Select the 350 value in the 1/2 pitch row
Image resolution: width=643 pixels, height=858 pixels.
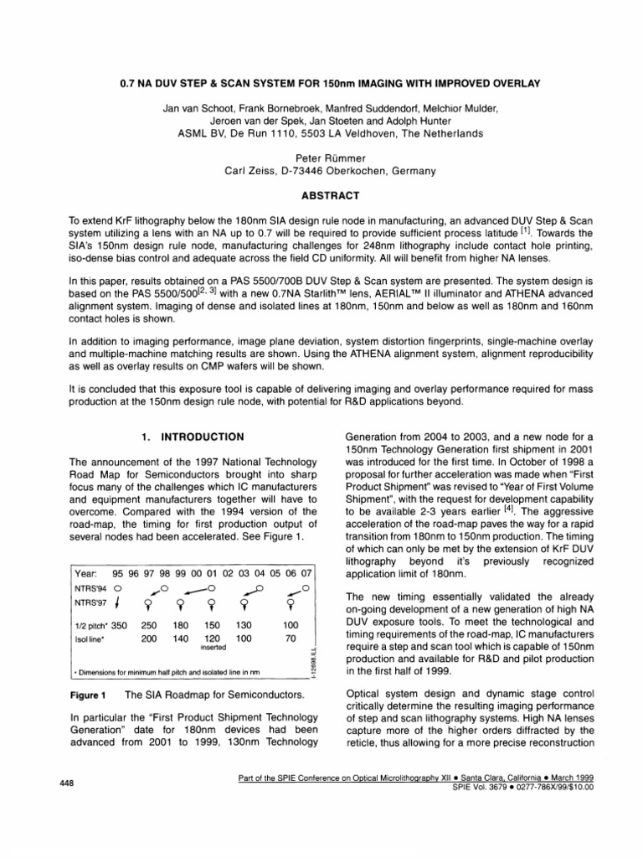click(119, 625)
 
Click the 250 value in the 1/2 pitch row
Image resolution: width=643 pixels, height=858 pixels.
click(149, 625)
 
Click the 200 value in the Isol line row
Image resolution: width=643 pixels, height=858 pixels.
click(149, 638)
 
